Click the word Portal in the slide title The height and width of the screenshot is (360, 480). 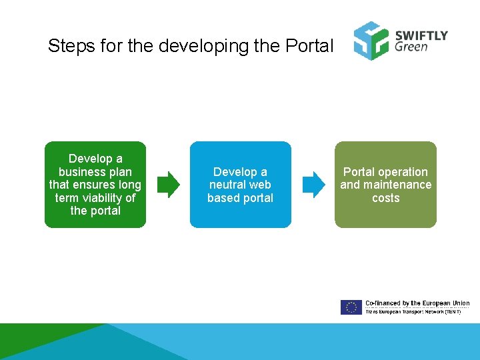click(x=309, y=46)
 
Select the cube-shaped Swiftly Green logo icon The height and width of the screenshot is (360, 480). click(x=371, y=41)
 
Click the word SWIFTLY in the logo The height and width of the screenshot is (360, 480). click(x=421, y=35)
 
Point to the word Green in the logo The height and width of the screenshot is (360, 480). click(x=411, y=47)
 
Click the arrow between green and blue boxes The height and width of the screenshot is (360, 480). click(x=169, y=185)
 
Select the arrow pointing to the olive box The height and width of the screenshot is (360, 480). click(x=314, y=185)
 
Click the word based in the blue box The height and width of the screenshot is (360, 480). click(x=223, y=198)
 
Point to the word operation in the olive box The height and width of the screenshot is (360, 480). click(x=404, y=172)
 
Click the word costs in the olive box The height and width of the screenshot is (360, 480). click(x=385, y=198)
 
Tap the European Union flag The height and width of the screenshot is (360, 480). click(x=351, y=307)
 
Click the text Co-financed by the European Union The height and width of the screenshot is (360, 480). click(x=417, y=303)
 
